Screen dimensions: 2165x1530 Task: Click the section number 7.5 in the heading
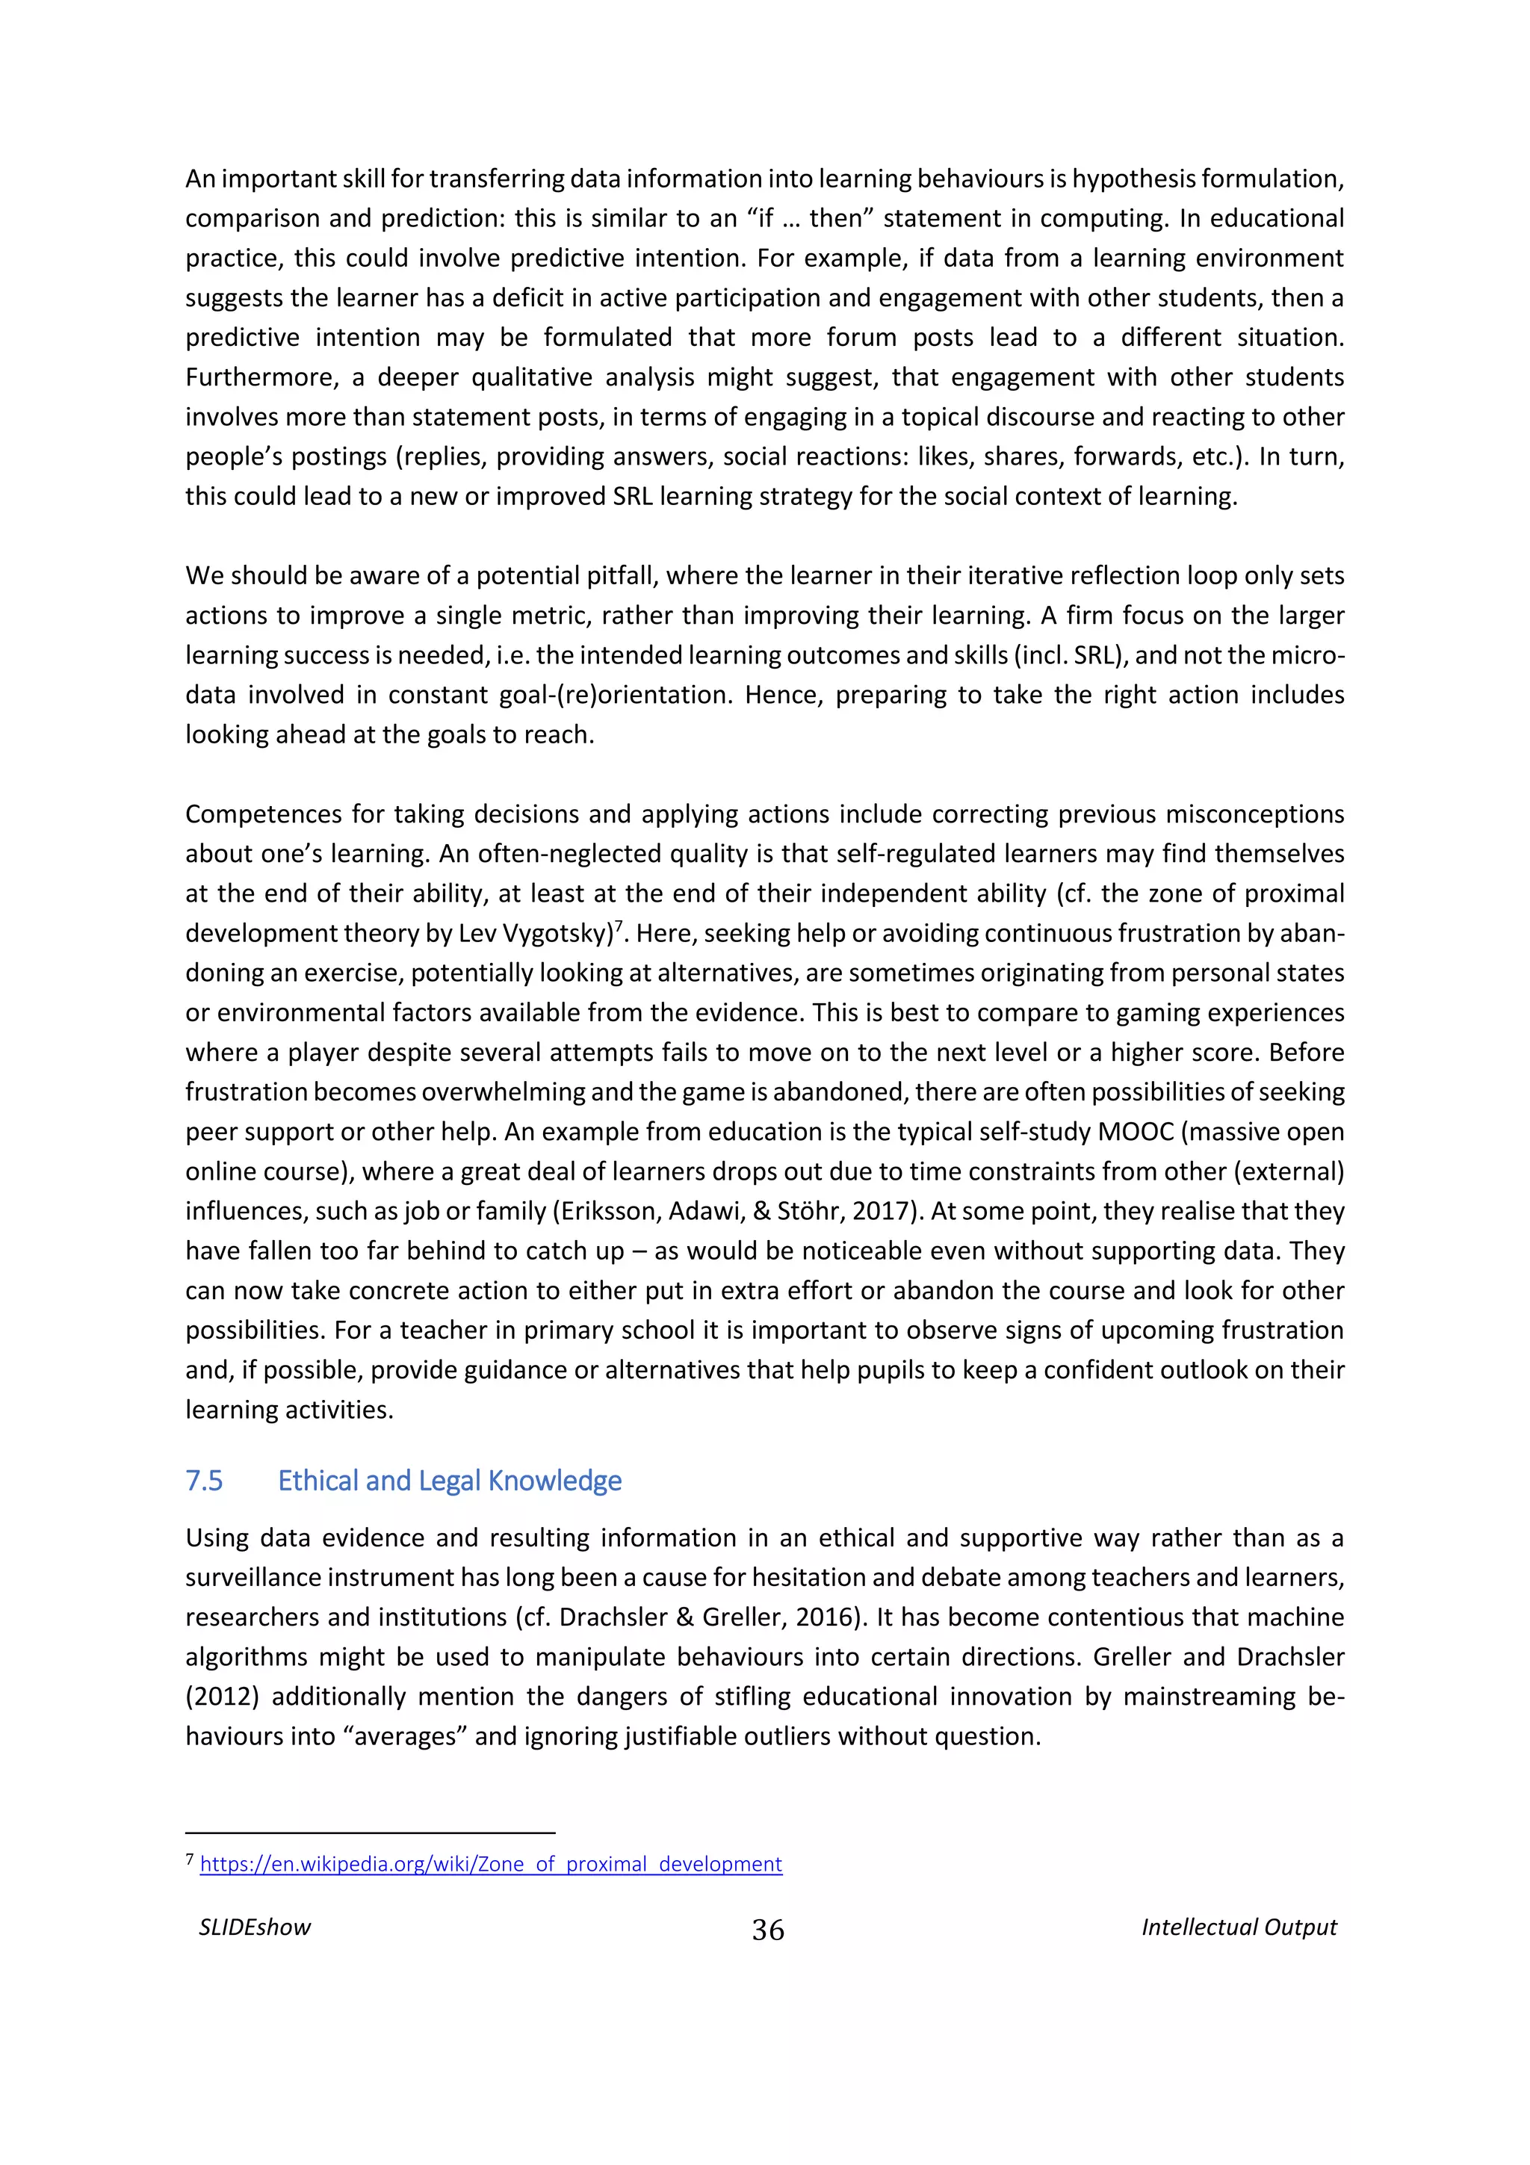click(x=204, y=1481)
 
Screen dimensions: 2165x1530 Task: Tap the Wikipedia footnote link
click(x=490, y=1864)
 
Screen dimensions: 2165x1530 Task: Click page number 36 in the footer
click(x=767, y=1930)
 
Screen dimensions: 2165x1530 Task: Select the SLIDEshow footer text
click(x=255, y=1927)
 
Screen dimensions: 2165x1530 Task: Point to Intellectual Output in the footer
click(x=1239, y=1927)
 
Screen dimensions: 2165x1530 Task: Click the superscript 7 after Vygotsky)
click(x=619, y=927)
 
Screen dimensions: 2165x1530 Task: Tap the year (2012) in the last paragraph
click(x=223, y=1697)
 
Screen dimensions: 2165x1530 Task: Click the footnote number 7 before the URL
click(x=190, y=1859)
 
